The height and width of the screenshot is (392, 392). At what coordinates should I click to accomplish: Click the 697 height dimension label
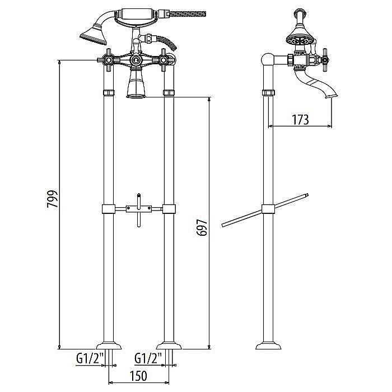tap(202, 228)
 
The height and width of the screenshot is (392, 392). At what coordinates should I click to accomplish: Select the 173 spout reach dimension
tap(301, 119)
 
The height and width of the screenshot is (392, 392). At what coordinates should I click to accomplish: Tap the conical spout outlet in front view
tap(136, 87)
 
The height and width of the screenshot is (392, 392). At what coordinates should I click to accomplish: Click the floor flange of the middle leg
tap(168, 343)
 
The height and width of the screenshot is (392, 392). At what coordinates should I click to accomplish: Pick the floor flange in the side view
tap(269, 343)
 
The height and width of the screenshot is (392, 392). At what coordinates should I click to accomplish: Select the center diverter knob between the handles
tap(135, 59)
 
